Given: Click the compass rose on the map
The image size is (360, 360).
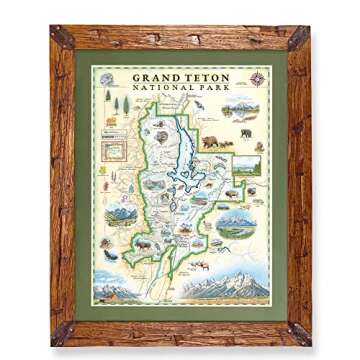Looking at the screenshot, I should [x=258, y=79].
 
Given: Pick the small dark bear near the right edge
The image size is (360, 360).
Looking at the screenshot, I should [x=245, y=132].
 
